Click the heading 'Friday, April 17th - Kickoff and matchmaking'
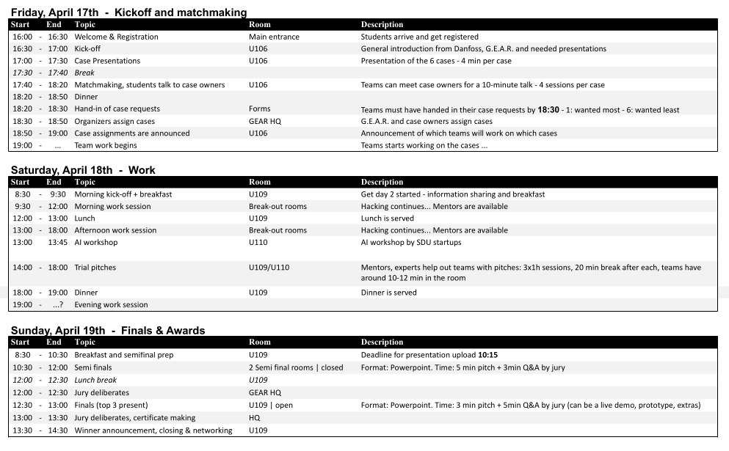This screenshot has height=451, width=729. (x=128, y=12)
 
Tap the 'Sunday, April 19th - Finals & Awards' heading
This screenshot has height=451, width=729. (x=108, y=331)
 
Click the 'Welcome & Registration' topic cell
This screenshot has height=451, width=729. (x=116, y=37)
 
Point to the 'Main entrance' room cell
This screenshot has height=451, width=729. (x=274, y=37)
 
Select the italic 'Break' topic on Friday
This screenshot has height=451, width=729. (x=84, y=73)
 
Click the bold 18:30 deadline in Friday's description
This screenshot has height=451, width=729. (x=548, y=109)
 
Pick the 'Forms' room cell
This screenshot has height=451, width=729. (x=260, y=109)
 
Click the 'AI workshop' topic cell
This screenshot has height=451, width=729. (x=95, y=242)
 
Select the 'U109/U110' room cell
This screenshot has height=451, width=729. (x=269, y=268)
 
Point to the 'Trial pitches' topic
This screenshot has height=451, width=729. (x=95, y=268)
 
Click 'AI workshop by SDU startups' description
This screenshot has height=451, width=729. (x=411, y=242)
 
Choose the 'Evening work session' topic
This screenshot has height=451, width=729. (x=111, y=304)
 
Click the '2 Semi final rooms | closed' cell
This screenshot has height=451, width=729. (x=296, y=367)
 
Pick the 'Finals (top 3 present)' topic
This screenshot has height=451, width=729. (x=111, y=405)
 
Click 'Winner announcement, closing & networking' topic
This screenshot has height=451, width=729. (x=153, y=430)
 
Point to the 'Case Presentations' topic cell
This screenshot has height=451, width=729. (x=107, y=61)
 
